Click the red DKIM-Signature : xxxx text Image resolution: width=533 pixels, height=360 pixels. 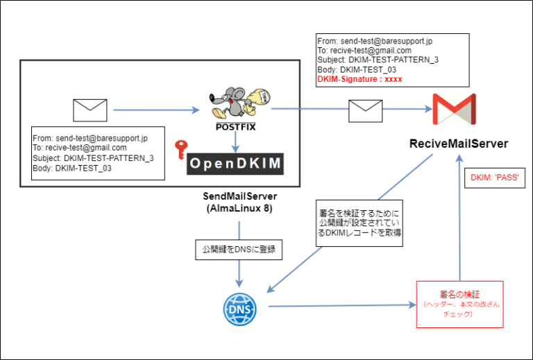[x=359, y=80]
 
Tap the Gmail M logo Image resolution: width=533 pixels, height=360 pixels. [x=454, y=110]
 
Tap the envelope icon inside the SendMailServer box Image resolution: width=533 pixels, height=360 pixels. [x=90, y=110]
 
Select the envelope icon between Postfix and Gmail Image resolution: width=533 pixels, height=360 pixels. [x=365, y=110]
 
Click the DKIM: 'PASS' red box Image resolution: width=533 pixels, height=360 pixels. [x=495, y=178]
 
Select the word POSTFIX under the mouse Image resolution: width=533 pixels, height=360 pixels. [x=236, y=127]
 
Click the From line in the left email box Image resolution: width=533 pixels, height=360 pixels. [x=90, y=138]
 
